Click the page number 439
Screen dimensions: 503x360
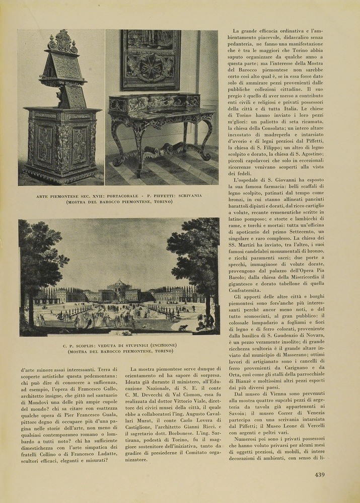click(319, 474)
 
